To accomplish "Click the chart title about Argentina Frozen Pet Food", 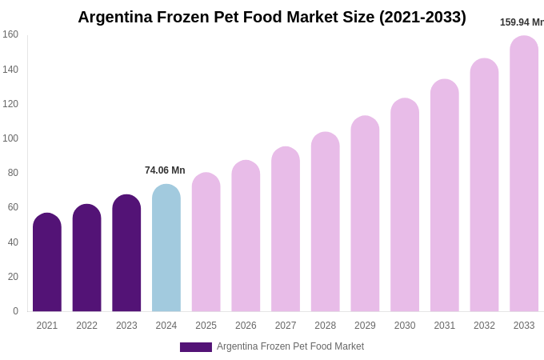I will pyautogui.click(x=271, y=17).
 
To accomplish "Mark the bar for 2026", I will pyautogui.click(x=246, y=236).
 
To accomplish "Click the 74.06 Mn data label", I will pyautogui.click(x=165, y=170).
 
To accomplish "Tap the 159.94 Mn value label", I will pyautogui.click(x=522, y=22).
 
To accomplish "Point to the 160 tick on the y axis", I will pyautogui.click(x=10, y=34).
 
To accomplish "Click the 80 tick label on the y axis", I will pyautogui.click(x=13, y=173).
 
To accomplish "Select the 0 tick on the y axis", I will pyautogui.click(x=15, y=311).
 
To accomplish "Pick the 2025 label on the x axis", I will pyautogui.click(x=206, y=326).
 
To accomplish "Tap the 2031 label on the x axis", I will pyautogui.click(x=444, y=326).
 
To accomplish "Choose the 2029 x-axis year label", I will pyautogui.click(x=365, y=326).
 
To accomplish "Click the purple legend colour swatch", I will pyautogui.click(x=196, y=347).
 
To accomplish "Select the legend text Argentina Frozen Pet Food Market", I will pyautogui.click(x=290, y=346).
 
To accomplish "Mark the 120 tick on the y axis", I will pyautogui.click(x=10, y=104).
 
